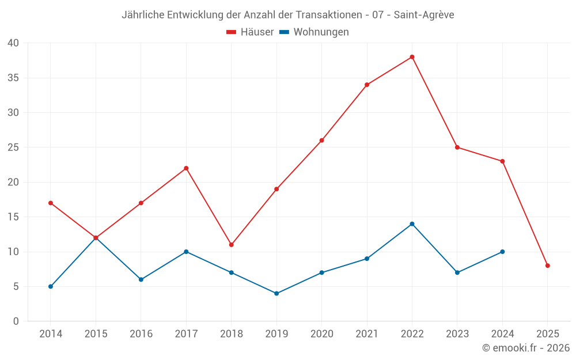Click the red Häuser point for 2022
[x=412, y=57]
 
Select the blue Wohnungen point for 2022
[x=412, y=224]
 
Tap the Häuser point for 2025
[x=548, y=266]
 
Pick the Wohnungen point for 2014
[x=51, y=286]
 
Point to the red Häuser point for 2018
[x=232, y=245]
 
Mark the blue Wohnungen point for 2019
[x=276, y=293]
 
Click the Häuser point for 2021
[x=367, y=85]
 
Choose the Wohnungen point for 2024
[x=502, y=252]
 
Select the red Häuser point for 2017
[x=186, y=168]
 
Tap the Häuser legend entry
[x=250, y=32]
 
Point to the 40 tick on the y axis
[x=13, y=43]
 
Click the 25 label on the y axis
[x=13, y=147]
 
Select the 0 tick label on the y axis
[x=16, y=321]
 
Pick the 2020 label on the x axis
[x=321, y=334]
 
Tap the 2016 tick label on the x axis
[x=141, y=334]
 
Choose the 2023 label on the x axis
[x=457, y=334]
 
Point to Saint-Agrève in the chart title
[x=424, y=15]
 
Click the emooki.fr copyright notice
[x=526, y=348]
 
